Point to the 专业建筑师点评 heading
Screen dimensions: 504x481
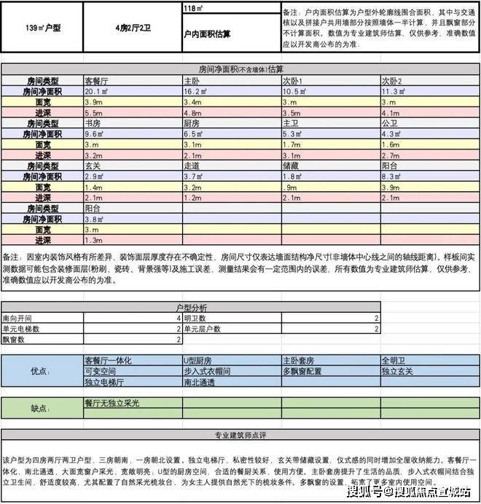pos(240,435)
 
